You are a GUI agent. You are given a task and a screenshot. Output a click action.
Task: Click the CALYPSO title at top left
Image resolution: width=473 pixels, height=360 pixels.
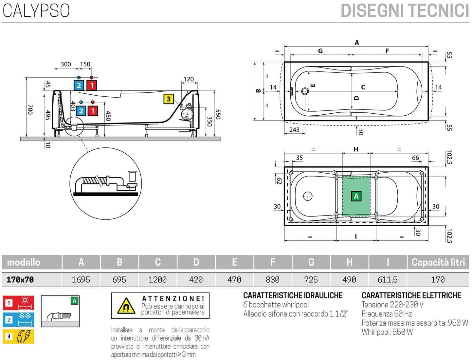(36, 10)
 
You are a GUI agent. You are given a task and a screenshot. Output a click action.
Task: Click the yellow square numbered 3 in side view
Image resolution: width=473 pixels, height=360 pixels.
(168, 99)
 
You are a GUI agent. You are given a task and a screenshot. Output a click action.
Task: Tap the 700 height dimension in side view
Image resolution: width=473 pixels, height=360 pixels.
(30, 109)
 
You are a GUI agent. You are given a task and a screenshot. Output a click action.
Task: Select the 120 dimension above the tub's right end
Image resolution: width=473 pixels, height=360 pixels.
(189, 79)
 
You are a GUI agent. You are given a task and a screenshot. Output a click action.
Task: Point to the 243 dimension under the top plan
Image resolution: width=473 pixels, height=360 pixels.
(294, 130)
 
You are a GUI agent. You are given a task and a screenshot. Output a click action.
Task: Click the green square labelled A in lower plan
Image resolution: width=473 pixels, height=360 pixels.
(356, 196)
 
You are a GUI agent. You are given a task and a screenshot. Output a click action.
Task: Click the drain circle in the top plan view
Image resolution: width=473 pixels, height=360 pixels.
(305, 91)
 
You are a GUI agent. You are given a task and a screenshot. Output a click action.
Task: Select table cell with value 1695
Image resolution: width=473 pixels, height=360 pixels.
(81, 279)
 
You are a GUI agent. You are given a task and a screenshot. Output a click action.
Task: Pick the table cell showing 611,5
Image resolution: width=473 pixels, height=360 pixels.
(388, 279)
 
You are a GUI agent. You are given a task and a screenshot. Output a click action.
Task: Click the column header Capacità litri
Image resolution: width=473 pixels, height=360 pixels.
(438, 262)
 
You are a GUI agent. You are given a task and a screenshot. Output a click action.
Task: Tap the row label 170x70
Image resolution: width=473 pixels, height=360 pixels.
(20, 279)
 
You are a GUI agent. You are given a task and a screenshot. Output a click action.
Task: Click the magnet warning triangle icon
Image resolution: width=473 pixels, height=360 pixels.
(126, 306)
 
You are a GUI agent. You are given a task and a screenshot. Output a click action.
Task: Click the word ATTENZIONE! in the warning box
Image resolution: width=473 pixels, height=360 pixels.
(173, 298)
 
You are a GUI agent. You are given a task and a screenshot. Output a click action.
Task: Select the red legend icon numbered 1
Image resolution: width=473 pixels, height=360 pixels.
(18, 303)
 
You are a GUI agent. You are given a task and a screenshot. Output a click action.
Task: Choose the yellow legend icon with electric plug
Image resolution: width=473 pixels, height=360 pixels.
(18, 336)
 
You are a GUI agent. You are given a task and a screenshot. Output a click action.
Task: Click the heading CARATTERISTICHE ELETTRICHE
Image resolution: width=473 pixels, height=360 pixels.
(411, 295)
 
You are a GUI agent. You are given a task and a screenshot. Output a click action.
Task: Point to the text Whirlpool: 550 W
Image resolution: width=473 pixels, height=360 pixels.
(387, 332)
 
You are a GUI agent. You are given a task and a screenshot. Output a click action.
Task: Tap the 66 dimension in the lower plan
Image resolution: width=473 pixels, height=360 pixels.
(415, 158)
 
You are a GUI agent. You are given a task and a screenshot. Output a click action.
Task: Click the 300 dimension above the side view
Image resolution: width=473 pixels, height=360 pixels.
(66, 64)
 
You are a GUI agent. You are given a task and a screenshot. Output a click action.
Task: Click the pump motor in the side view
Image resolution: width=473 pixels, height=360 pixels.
(188, 113)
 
